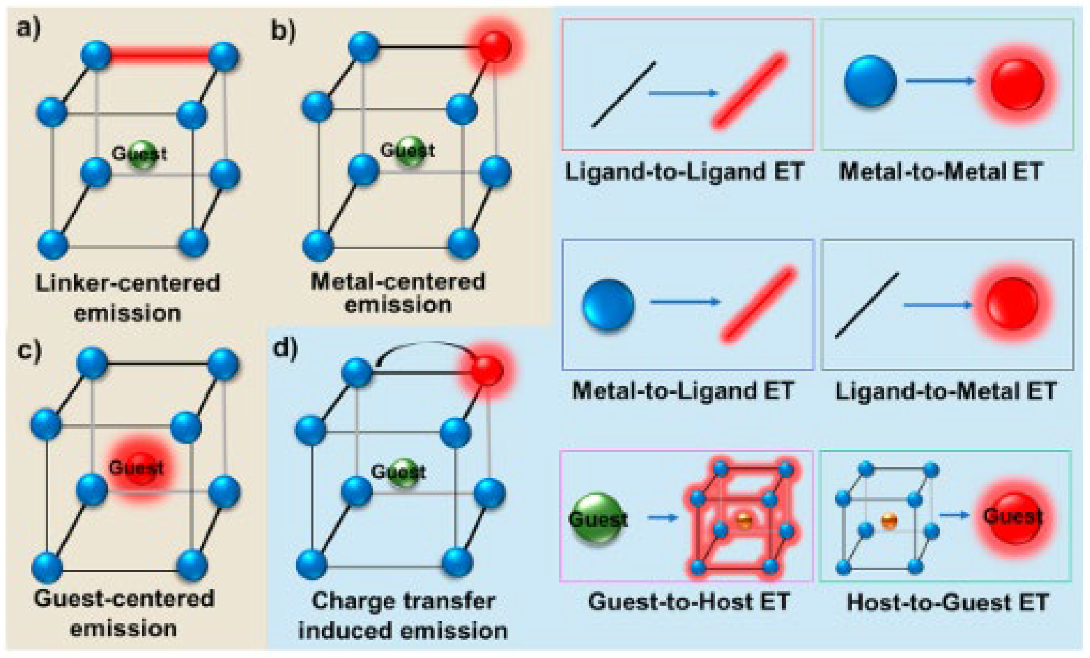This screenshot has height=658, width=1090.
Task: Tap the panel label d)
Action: [285, 349]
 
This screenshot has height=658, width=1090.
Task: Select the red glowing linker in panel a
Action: [160, 55]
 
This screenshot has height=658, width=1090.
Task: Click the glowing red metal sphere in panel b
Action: [494, 46]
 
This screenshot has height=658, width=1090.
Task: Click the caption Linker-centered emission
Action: [128, 298]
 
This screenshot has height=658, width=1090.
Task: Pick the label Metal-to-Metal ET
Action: [941, 172]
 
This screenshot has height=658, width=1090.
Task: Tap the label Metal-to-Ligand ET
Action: [683, 390]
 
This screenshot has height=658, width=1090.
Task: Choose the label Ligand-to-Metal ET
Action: [946, 391]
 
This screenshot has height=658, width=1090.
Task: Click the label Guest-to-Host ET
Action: [689, 602]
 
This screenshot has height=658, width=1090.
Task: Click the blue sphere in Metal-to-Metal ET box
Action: [869, 81]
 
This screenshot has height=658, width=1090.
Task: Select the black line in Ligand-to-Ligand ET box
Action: [624, 95]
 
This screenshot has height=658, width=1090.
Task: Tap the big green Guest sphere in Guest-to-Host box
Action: [598, 518]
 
